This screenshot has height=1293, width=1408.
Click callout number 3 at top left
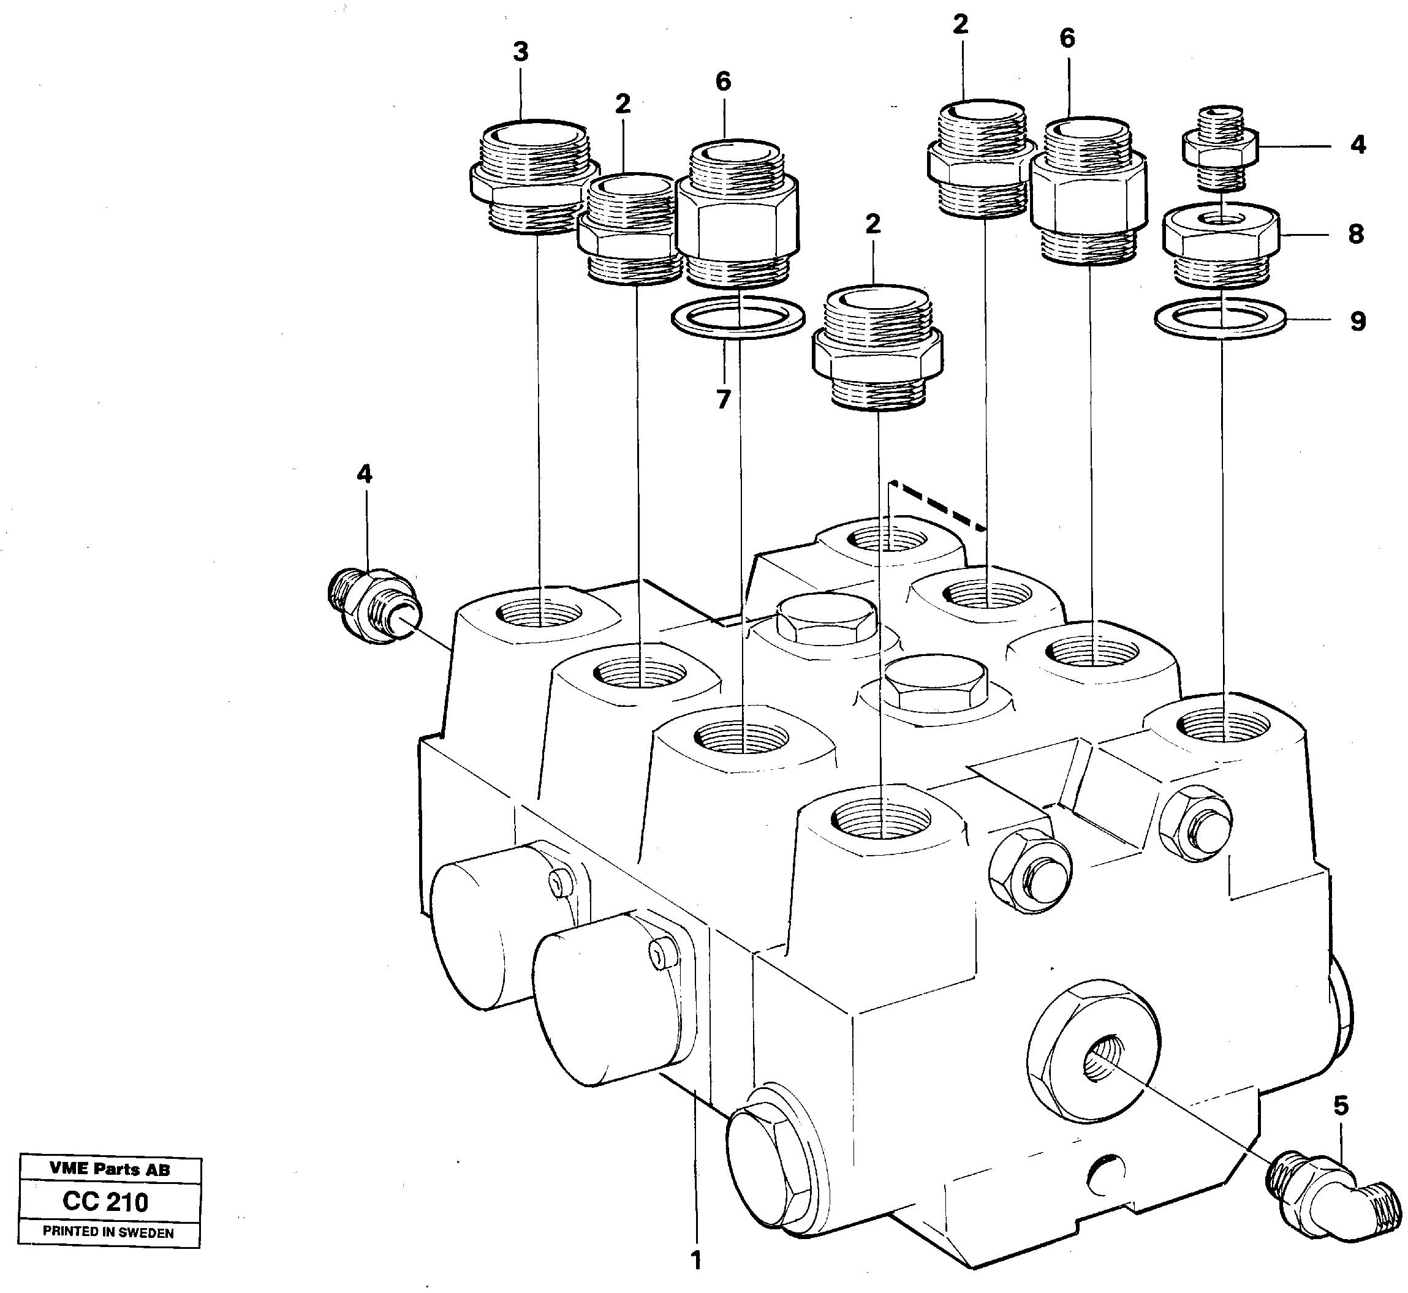[x=520, y=52]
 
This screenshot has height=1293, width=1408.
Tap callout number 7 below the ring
[x=723, y=399]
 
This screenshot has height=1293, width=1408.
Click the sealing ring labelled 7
[x=738, y=317]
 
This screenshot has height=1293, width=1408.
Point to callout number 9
[x=1358, y=321]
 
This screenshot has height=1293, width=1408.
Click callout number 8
[x=1356, y=234]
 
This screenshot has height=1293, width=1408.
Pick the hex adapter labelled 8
[x=1221, y=245]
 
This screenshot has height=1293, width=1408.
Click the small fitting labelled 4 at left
[x=374, y=606]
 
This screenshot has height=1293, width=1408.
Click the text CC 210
[x=105, y=1202]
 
